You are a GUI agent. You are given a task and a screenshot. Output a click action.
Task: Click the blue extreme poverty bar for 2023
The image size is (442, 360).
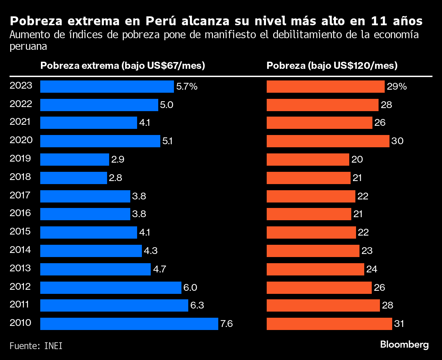107,87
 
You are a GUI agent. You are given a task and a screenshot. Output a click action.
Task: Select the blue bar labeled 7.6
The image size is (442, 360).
129,324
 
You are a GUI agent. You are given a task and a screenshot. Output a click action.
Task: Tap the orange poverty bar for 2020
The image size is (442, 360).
328,141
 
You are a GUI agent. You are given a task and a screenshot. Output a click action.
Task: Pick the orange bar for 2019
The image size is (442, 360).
308,160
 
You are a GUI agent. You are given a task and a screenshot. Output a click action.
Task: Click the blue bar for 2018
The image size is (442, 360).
73,178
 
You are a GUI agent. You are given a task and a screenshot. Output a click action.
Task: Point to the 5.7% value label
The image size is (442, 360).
187,87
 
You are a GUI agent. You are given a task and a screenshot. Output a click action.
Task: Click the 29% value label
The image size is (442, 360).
397,87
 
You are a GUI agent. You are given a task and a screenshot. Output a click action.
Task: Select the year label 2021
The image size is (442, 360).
20,122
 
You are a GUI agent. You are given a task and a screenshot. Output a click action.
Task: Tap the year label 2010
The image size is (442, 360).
20,322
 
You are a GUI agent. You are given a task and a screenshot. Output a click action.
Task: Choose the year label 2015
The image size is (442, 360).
20,231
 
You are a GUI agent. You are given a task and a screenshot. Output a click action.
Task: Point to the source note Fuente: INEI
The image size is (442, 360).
36,346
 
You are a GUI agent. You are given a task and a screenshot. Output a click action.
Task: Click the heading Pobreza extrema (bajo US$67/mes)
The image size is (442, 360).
122,65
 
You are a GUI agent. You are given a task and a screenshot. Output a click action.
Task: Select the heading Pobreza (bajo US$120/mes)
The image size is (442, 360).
332,65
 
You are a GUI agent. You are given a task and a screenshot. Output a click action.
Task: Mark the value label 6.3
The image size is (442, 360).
197,305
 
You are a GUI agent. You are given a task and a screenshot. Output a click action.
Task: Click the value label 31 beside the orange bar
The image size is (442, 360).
399,324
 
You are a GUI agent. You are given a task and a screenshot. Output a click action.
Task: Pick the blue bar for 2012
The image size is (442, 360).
110,287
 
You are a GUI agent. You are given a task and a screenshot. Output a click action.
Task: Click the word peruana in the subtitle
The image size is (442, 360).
28,46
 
